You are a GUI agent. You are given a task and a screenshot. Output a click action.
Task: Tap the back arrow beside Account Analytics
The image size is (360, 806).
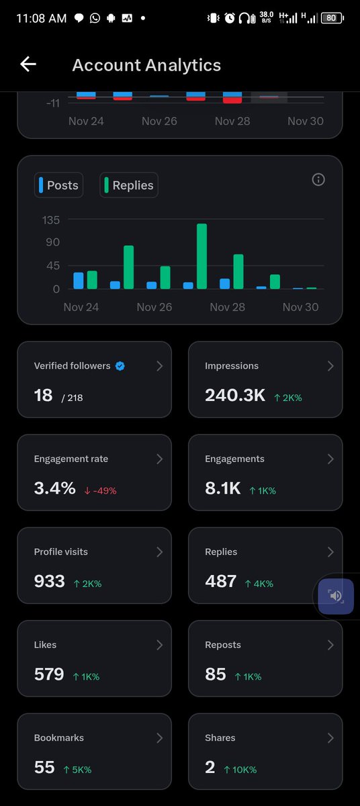tap(28, 64)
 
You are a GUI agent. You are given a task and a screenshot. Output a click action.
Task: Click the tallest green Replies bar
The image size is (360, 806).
tap(201, 256)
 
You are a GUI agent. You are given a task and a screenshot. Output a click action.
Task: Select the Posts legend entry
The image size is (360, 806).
tap(58, 185)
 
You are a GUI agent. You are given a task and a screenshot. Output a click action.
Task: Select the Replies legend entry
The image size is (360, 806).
tap(129, 185)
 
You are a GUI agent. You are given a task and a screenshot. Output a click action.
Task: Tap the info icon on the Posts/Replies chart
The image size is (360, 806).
tap(318, 179)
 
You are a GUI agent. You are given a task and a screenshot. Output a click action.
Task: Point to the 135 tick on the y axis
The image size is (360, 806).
tap(51, 220)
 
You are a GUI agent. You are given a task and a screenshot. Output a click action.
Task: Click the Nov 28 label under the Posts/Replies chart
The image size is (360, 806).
tap(227, 307)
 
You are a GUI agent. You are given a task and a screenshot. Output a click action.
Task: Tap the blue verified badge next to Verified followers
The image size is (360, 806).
tap(120, 366)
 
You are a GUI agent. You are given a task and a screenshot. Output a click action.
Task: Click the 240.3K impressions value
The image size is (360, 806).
tap(235, 396)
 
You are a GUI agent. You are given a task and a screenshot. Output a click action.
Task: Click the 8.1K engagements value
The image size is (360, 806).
tap(222, 488)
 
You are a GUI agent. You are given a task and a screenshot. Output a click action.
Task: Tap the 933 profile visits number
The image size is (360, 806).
tap(49, 581)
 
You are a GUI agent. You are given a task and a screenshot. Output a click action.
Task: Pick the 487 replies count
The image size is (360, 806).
tap(220, 581)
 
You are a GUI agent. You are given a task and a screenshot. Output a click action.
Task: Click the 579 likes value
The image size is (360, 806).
tap(49, 674)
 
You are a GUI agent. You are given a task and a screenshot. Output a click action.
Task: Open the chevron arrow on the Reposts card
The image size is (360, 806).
tap(330, 645)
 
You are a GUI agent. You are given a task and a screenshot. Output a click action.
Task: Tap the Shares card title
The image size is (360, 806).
tap(220, 737)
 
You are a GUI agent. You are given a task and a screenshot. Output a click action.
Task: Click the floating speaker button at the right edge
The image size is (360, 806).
tap(336, 596)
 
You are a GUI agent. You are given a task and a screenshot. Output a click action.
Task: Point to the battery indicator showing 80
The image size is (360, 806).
tap(331, 18)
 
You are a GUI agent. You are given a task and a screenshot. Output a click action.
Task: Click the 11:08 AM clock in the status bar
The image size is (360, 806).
tap(40, 18)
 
